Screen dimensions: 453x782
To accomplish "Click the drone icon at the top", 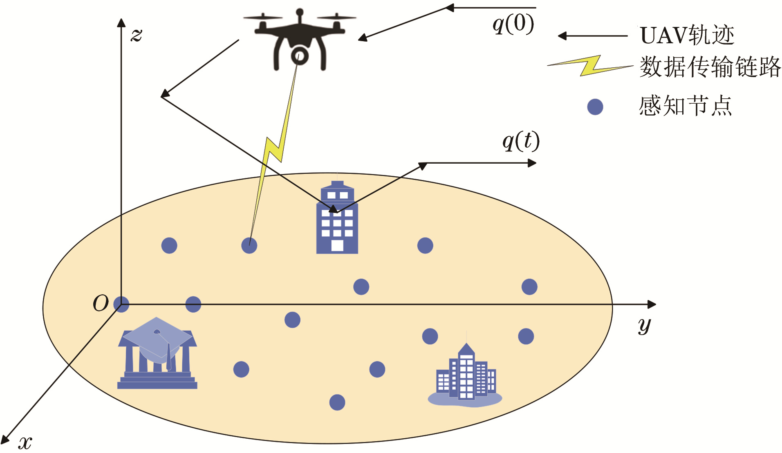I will coord(300,39).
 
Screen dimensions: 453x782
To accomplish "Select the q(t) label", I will coord(521,142).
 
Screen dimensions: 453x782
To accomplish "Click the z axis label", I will coord(137,35).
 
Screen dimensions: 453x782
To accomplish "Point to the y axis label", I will coord(644,326).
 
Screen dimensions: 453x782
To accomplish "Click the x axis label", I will coord(25,442).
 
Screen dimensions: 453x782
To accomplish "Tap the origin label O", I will coord(101,304).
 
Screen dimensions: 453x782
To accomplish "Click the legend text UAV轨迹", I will coord(687,36).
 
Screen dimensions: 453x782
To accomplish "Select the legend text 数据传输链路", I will coord(710,67).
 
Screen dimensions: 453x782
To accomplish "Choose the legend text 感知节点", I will coord(685,106).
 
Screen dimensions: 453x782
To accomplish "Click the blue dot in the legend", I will coord(595,107).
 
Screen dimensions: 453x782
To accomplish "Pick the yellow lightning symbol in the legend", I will coord(590,66).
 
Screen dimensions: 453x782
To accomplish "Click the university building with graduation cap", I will coord(157,353).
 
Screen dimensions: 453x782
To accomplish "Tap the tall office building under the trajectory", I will coord(337,218).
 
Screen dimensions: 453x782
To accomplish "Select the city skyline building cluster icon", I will coord(465,377).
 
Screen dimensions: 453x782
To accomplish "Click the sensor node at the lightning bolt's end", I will coord(249,246).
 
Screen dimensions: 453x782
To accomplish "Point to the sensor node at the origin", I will coord(121,304).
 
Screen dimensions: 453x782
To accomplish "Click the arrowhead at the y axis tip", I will coord(652,304).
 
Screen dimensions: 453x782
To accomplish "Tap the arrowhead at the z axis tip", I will coord(121,22).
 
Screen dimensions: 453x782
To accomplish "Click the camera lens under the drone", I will coord(300,56).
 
